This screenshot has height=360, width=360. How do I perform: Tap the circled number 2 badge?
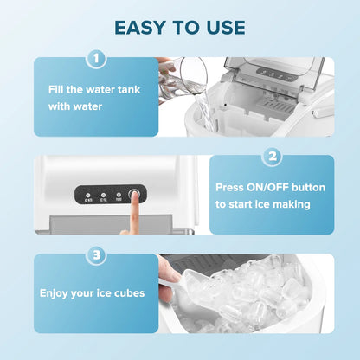click(273, 157)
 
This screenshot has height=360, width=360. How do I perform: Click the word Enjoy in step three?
click(58, 293)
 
